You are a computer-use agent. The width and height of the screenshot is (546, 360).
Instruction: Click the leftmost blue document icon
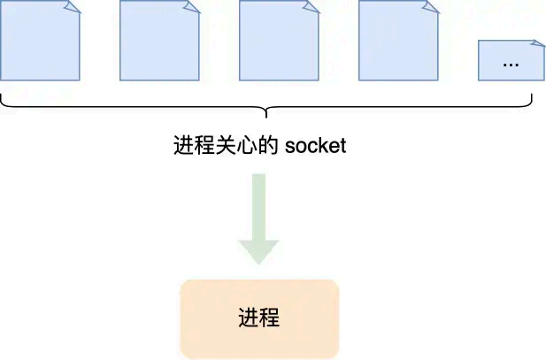pyautogui.click(x=40, y=42)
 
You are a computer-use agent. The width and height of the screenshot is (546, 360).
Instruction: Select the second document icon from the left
pyautogui.click(x=159, y=42)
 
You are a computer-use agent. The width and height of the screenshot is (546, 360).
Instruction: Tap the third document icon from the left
pyautogui.click(x=279, y=42)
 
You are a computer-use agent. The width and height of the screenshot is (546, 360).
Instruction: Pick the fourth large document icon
pyautogui.click(x=398, y=42)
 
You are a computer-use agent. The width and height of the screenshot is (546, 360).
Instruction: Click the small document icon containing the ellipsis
pyautogui.click(x=511, y=61)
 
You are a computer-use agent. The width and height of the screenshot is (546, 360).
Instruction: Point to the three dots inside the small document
pyautogui.click(x=511, y=65)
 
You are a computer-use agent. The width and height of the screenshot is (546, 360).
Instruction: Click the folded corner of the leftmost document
pyautogui.click(x=73, y=7)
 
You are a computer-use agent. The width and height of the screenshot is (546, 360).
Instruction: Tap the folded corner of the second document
pyautogui.click(x=192, y=7)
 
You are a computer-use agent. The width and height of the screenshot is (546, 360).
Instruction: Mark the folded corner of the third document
pyautogui.click(x=311, y=7)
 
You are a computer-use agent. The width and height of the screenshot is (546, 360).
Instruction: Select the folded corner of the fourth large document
pyautogui.click(x=431, y=7)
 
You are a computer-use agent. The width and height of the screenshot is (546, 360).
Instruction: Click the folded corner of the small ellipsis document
pyautogui.click(x=537, y=43)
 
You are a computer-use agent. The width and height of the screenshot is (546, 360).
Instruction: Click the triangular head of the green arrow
pyautogui.click(x=259, y=249)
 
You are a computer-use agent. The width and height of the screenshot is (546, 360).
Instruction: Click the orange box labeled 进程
pyautogui.click(x=259, y=318)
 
